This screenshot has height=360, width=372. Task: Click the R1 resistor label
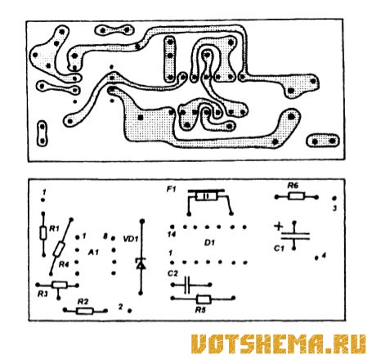click(x=54, y=228)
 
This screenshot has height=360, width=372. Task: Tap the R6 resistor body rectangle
click(x=296, y=196)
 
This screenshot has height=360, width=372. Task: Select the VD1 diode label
click(x=131, y=239)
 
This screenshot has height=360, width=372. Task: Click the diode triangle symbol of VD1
click(x=141, y=264)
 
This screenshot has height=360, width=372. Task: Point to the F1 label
click(x=172, y=189)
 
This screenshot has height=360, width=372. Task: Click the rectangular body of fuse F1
click(x=207, y=196)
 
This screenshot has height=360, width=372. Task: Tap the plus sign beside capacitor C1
click(x=278, y=227)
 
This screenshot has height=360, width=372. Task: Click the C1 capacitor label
click(x=279, y=249)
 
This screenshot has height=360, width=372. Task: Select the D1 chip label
click(x=209, y=242)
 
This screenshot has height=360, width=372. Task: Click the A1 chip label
click(x=93, y=252)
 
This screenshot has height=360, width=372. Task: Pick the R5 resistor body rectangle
click(x=204, y=299)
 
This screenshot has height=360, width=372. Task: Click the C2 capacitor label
click(x=173, y=273)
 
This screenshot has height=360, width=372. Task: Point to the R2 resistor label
click(x=83, y=302)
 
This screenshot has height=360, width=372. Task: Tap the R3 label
click(x=43, y=294)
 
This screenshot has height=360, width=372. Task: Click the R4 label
click(x=64, y=264)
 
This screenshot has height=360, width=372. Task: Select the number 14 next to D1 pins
click(x=172, y=234)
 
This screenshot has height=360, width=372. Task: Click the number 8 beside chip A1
click(x=105, y=236)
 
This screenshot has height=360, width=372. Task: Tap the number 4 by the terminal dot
click(x=324, y=256)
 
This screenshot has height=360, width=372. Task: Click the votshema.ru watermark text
click(x=278, y=344)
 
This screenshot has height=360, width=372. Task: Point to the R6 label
click(x=293, y=186)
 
